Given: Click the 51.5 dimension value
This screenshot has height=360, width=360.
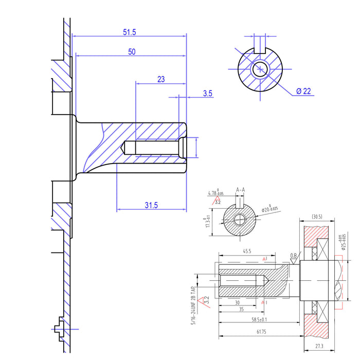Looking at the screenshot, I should click(130, 32).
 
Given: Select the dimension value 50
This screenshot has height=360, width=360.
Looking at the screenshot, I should click(132, 51).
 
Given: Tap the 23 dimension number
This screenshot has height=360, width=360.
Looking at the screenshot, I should click(161, 79).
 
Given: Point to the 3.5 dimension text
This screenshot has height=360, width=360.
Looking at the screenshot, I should click(208, 94).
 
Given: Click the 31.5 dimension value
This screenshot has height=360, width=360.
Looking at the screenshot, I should click(151, 205).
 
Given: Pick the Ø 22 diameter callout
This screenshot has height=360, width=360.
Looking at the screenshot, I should click(303, 92).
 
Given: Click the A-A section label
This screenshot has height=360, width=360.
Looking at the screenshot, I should click(240, 190).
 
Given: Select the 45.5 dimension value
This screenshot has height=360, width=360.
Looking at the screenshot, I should click(244, 251).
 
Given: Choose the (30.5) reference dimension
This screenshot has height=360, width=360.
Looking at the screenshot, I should click(316, 217).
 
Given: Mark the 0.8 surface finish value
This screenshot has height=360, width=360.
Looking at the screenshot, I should click(294, 255).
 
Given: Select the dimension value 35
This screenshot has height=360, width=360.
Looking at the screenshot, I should click(242, 310).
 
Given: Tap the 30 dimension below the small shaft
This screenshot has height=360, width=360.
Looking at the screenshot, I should click(237, 302).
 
